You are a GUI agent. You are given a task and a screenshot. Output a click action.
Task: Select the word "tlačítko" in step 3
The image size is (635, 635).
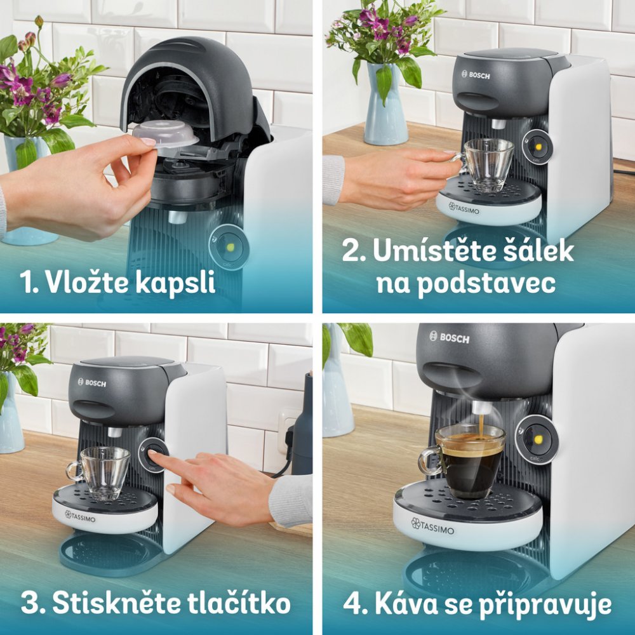tap(239, 603)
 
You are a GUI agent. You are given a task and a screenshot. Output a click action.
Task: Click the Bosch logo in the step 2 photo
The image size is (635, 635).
tap(476, 75)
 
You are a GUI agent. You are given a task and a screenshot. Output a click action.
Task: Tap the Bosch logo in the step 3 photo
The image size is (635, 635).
tap(92, 383)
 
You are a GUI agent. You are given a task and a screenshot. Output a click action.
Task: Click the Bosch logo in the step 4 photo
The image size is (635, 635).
tap(449, 337)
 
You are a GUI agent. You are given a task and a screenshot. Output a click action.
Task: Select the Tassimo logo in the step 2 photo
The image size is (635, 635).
tap(464, 208)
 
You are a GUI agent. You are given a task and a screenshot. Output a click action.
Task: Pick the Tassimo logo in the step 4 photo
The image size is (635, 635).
tap(432, 526)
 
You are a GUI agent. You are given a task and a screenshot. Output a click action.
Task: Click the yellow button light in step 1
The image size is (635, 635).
tap(230, 246)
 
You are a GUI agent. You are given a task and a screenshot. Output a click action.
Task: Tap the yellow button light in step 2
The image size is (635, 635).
tap(538, 147)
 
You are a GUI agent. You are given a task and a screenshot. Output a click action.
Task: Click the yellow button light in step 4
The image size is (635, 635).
tap(538, 439)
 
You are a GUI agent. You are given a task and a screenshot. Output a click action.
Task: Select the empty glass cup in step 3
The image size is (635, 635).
tap(101, 473)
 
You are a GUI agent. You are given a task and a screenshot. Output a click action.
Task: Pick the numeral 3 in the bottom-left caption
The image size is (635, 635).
tap(30, 603)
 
